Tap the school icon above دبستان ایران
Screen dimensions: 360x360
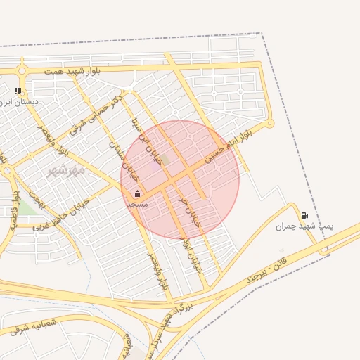[18, 91]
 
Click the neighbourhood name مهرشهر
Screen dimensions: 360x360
[65, 169]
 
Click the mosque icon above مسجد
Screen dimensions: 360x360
[137, 193]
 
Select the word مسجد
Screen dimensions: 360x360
[137, 203]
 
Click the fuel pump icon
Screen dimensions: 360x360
[304, 215]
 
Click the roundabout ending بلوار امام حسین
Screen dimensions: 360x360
[270, 124]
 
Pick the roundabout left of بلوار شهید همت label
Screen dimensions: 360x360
[22, 70]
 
